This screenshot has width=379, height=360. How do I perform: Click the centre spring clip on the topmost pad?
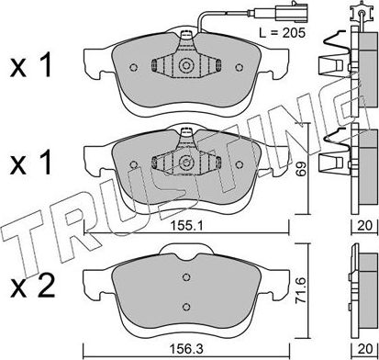pos(185,66)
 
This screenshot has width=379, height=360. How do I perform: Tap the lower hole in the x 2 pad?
pos(186,307)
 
